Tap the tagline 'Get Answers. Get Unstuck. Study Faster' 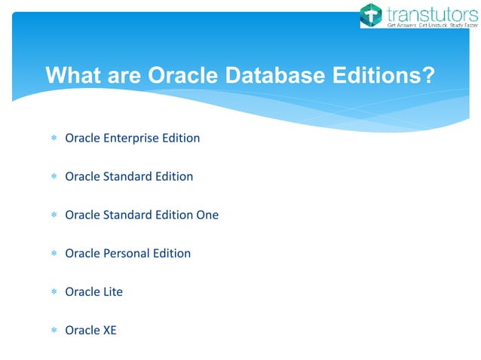pyautogui.click(x=426, y=25)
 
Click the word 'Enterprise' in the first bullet pyautogui.click(x=132, y=138)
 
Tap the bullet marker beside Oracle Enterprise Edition pyautogui.click(x=53, y=139)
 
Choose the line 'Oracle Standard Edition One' pyautogui.click(x=142, y=215)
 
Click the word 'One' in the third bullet pyautogui.click(x=207, y=215)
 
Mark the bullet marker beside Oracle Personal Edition pyautogui.click(x=53, y=254)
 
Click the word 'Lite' pyautogui.click(x=112, y=291)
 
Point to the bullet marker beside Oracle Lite pyautogui.click(x=53, y=292)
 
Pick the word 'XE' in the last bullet pyautogui.click(x=109, y=330)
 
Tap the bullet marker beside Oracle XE pyautogui.click(x=53, y=331)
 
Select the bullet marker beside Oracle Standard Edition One pyautogui.click(x=53, y=215)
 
